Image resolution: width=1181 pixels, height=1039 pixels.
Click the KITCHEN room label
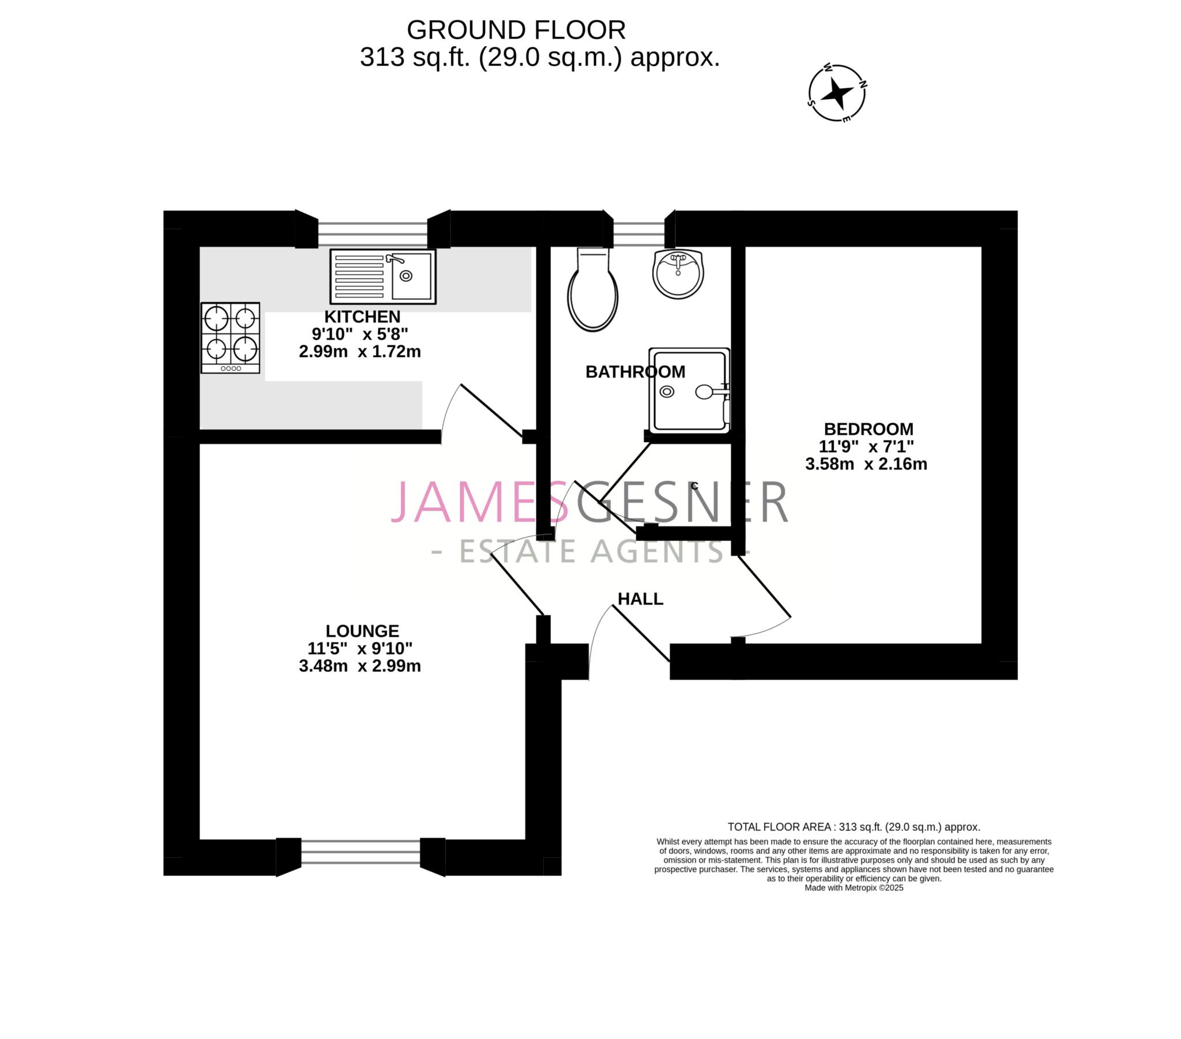coord(362,317)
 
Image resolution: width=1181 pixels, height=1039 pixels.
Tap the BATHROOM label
coord(635,371)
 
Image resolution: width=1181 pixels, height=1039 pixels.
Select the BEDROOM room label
coord(868,429)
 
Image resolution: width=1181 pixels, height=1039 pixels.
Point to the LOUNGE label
coord(362,630)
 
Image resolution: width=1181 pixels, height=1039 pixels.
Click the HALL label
coord(640,598)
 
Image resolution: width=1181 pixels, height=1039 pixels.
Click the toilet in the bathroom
coord(593,292)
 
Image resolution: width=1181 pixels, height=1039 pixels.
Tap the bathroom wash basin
coord(678,274)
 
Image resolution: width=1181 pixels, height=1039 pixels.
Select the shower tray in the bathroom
coord(689,390)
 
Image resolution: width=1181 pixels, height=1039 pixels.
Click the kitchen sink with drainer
coord(382,276)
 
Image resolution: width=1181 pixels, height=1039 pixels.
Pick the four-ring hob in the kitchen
coord(230,337)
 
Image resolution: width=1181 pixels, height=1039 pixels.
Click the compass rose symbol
coord(837,92)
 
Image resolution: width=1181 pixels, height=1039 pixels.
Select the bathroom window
coord(638,230)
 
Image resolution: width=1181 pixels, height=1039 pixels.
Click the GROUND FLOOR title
coord(516,30)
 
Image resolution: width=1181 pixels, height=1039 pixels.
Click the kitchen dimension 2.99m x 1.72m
coord(359,351)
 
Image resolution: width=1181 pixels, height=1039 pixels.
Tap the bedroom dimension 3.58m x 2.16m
coord(866,464)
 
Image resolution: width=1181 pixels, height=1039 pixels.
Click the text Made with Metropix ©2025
coord(853,887)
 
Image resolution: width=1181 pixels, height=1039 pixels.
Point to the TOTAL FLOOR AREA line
coord(853,827)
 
